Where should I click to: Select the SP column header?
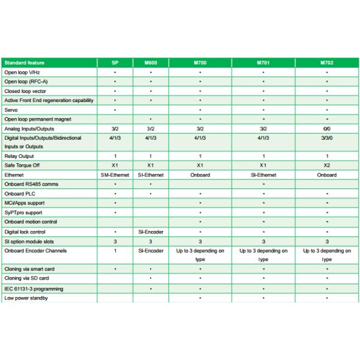tap(115, 62)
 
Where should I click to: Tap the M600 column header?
tap(151, 62)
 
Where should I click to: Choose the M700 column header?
tap(200, 62)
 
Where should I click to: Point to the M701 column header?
tap(263, 62)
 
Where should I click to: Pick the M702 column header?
tap(326, 62)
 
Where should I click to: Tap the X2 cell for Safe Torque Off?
tap(326, 165)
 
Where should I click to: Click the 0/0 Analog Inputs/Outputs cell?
tap(326, 128)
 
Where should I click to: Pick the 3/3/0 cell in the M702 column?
tap(326, 137)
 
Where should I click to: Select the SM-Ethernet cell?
tap(115, 175)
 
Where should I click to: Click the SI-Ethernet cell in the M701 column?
tap(263, 175)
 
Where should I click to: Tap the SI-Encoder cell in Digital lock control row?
tap(151, 232)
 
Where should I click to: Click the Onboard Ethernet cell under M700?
tap(200, 175)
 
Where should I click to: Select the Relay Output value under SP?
tap(115, 156)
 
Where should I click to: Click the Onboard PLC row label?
tap(18, 194)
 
